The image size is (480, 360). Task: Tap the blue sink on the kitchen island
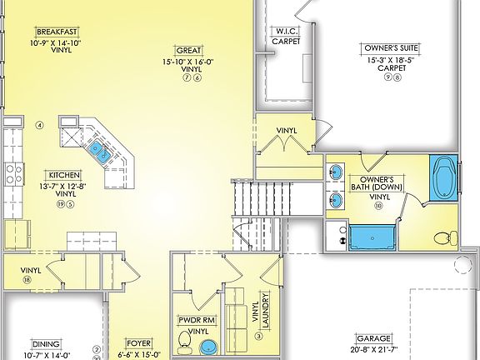click(99, 151)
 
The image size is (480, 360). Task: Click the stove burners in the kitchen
click(13, 172)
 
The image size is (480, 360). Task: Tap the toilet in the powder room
click(184, 341)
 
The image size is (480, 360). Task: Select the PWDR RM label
click(197, 319)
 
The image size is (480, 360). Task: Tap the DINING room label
click(45, 342)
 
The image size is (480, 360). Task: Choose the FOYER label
click(138, 342)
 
